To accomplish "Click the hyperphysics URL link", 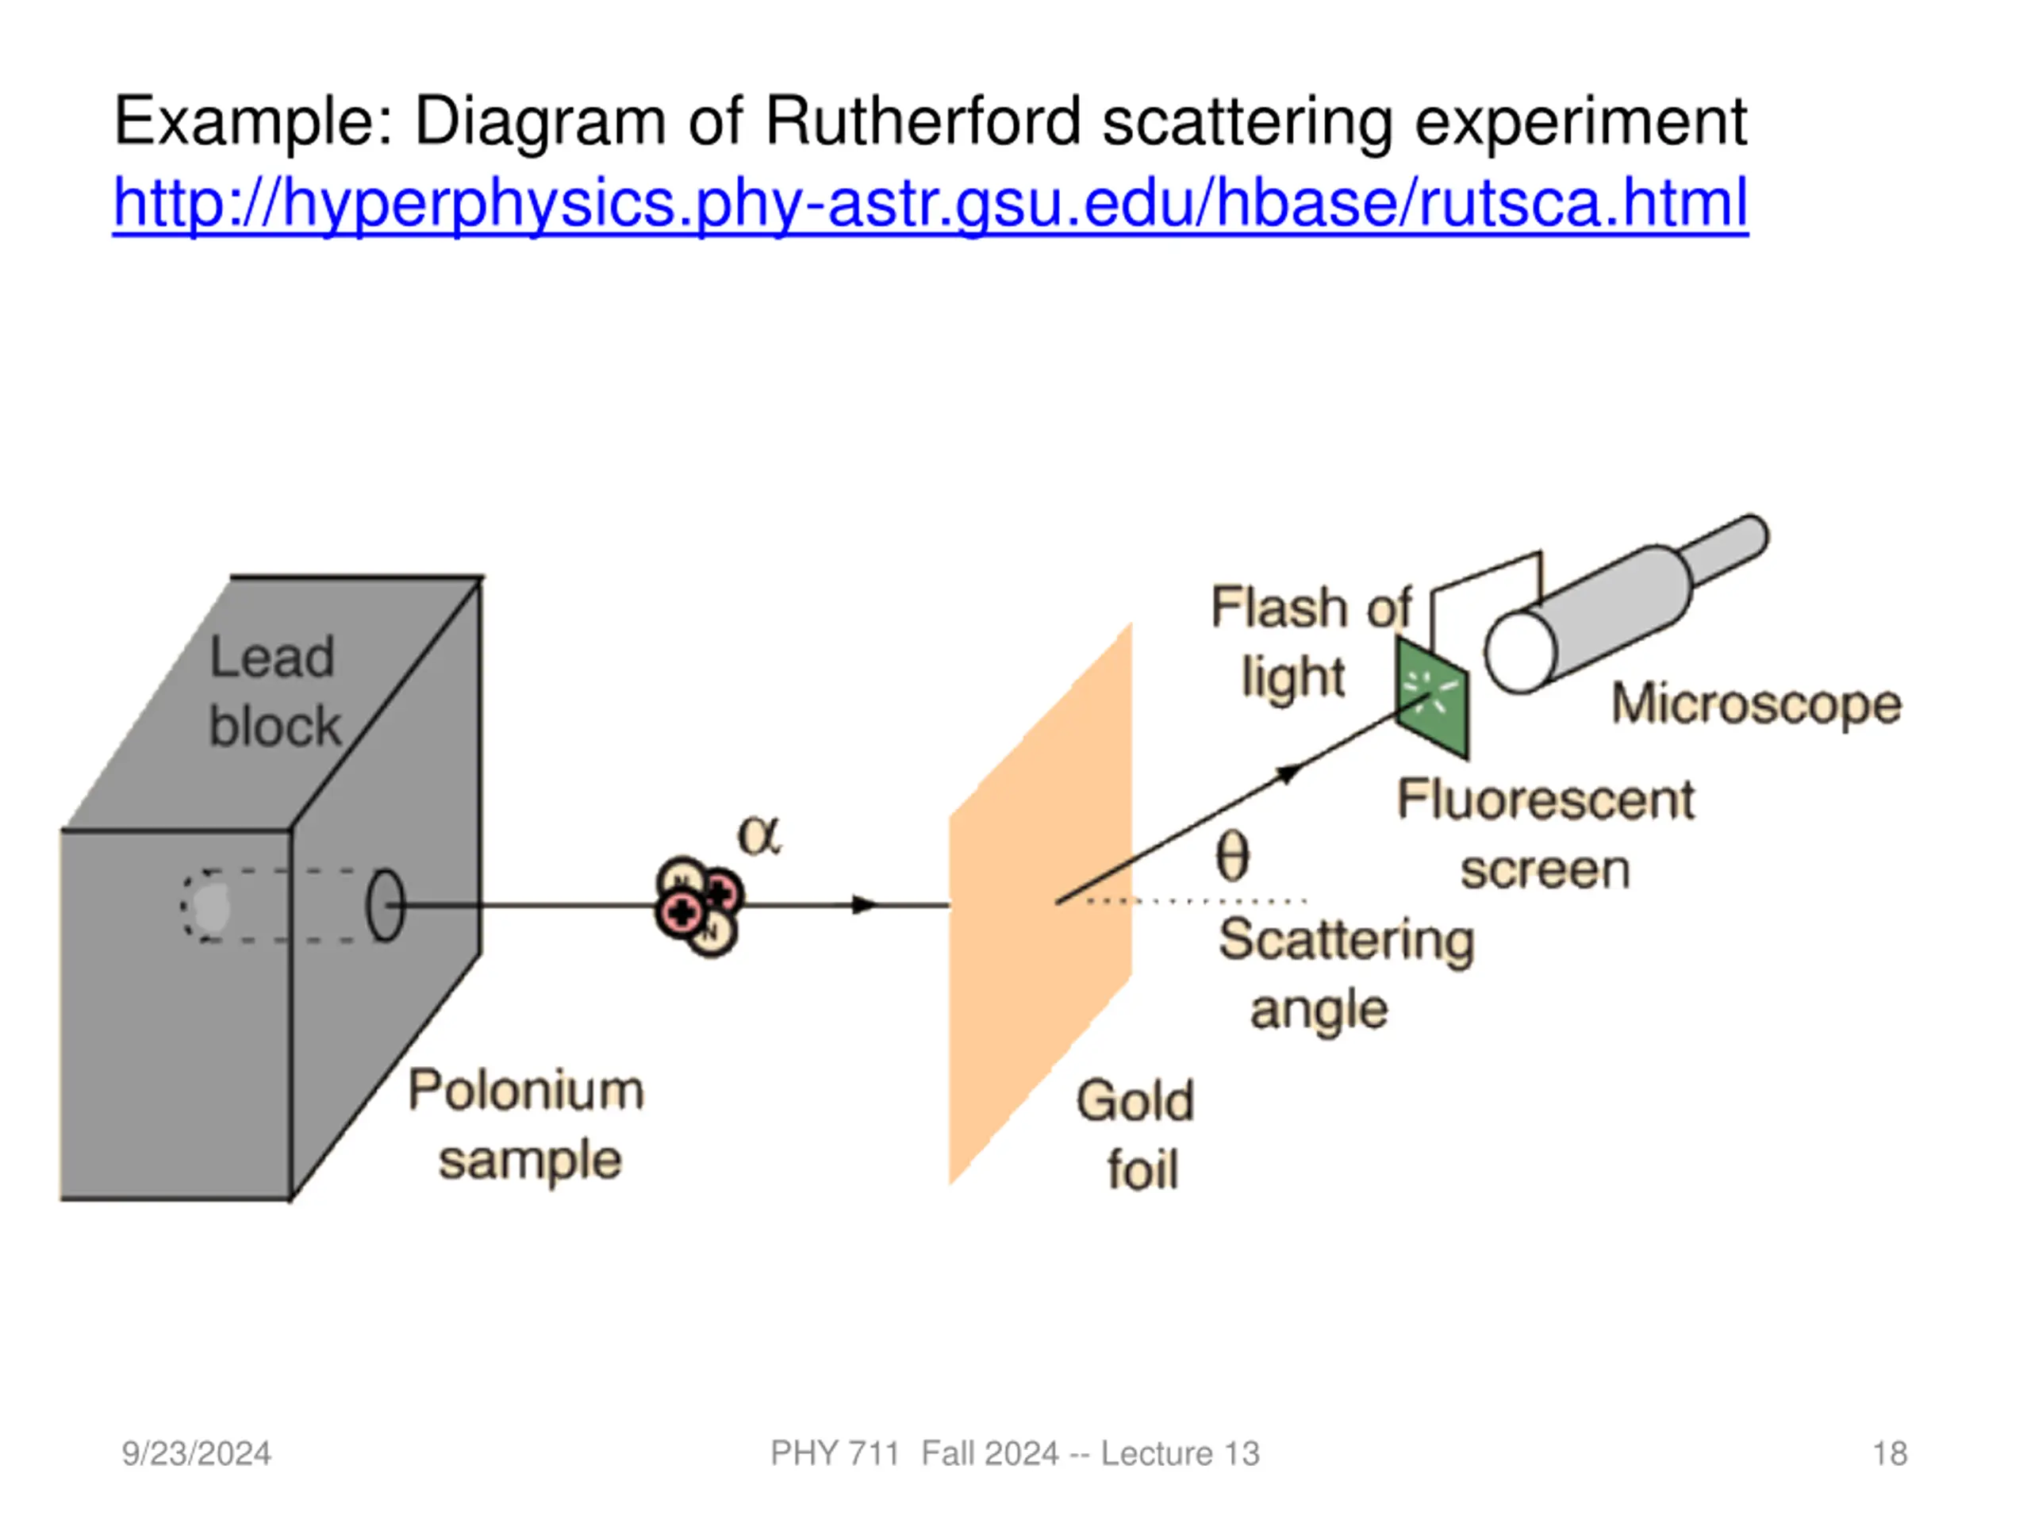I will pyautogui.click(x=929, y=203).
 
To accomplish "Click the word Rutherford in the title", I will pyautogui.click(x=922, y=121).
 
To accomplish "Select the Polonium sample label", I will pyautogui.click(x=527, y=1126).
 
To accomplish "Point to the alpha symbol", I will pyautogui.click(x=759, y=836).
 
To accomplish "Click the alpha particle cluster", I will pyautogui.click(x=699, y=906).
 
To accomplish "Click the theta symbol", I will pyautogui.click(x=1232, y=857).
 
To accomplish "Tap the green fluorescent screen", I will pyautogui.click(x=1432, y=698).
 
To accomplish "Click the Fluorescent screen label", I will pyautogui.click(x=1546, y=834).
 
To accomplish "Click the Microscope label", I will pyautogui.click(x=1756, y=705).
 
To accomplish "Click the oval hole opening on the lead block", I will pyautogui.click(x=385, y=905).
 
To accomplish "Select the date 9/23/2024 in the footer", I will pyautogui.click(x=197, y=1453).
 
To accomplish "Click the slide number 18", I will pyautogui.click(x=1890, y=1453).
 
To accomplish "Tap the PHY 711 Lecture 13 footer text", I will pyautogui.click(x=1015, y=1453).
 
